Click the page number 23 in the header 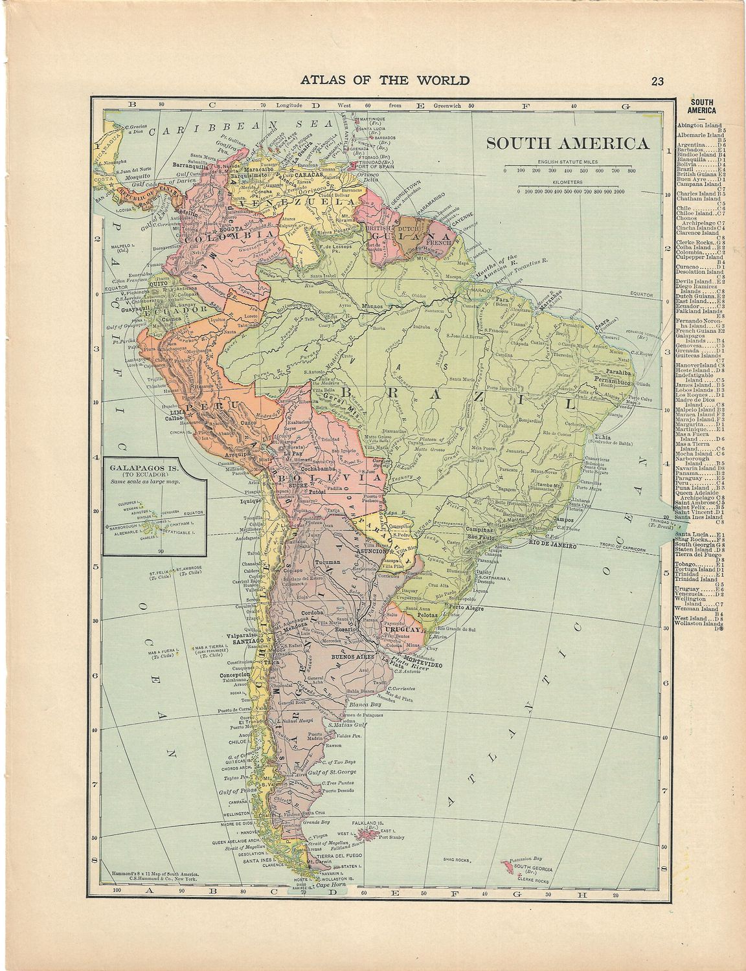[x=658, y=81]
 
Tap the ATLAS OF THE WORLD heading [x=373, y=80]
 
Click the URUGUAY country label [x=402, y=629]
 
